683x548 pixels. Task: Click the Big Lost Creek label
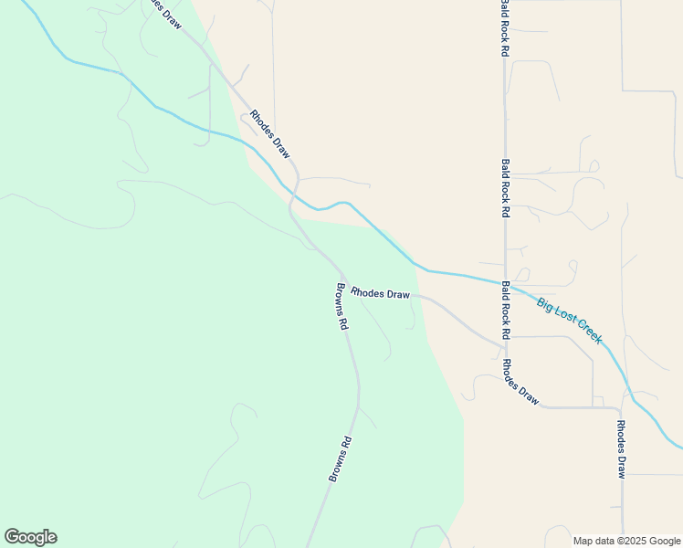pos(570,321)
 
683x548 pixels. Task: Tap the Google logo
pos(30,537)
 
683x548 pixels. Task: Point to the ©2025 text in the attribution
pos(631,541)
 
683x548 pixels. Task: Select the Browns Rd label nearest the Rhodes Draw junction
pos(341,307)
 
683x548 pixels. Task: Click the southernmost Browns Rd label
pos(340,458)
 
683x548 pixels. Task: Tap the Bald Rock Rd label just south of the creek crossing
pos(505,309)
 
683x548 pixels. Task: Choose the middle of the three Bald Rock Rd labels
pos(505,187)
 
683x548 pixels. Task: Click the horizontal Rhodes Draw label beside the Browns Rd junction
pos(381,294)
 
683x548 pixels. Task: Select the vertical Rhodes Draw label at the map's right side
pos(621,449)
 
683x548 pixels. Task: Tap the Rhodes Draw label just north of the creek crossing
pos(270,134)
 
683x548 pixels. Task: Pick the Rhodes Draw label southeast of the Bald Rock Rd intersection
pos(520,382)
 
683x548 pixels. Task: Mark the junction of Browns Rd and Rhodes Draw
pos(342,277)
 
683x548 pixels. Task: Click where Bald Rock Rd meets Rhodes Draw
pos(505,343)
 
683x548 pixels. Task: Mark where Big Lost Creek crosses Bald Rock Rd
pos(505,282)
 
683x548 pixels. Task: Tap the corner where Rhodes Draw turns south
pos(621,407)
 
